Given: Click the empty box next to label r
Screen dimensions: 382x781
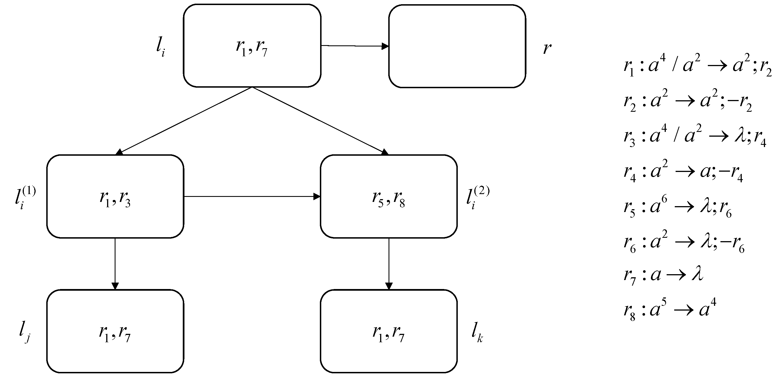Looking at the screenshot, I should [x=457, y=46].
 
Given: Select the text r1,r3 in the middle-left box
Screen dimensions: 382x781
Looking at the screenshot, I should [x=115, y=199].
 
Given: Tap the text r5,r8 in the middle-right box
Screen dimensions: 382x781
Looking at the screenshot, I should [x=388, y=199].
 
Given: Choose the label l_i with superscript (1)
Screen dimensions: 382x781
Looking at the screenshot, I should [x=25, y=198].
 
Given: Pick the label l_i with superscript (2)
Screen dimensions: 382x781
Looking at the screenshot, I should [x=477, y=198].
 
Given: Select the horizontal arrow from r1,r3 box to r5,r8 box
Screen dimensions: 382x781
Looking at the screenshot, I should [x=252, y=196].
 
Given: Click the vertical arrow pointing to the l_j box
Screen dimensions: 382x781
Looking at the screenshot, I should [x=115, y=264].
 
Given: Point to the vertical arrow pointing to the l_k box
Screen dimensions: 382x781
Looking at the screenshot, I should [x=389, y=264].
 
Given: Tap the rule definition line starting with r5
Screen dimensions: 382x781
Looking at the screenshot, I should [x=678, y=208].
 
